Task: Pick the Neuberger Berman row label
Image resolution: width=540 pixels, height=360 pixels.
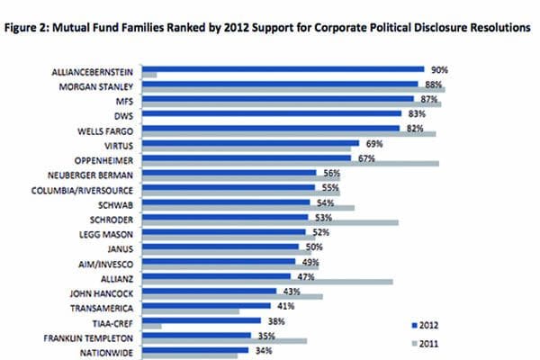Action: [90, 173]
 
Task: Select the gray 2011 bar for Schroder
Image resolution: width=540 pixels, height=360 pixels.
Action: [271, 221]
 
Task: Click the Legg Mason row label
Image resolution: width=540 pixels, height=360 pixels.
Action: [104, 233]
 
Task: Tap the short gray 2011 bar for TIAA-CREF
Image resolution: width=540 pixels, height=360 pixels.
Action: [152, 326]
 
